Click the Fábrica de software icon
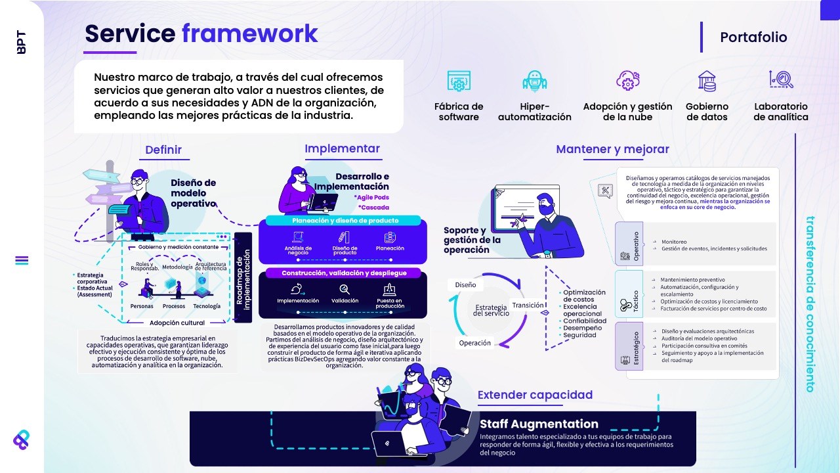pos(459,81)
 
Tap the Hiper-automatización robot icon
pos(535,81)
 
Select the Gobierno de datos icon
pos(707,81)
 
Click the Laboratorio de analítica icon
pos(781,80)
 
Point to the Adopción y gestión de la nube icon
pos(628,81)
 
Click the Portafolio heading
pos(753,37)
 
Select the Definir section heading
pos(163,150)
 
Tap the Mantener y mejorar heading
pos(612,149)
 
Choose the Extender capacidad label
pos(535,395)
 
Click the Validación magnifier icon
pos(345,288)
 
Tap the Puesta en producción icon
pos(390,288)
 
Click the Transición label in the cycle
pos(528,305)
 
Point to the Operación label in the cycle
pos(475,343)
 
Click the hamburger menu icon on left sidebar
pos(22,260)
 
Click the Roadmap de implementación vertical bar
pos(243,277)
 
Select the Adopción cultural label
pos(177,323)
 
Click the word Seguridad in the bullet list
pos(580,335)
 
